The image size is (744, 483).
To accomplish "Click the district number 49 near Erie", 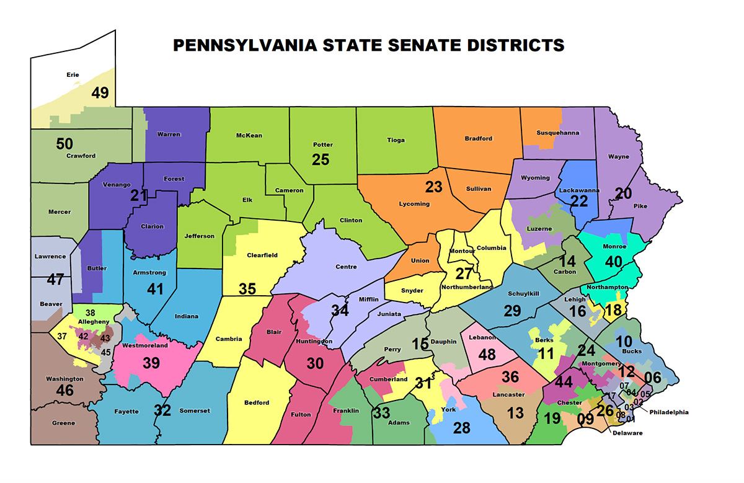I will coord(100,92).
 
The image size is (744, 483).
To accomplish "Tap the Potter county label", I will coord(322,144).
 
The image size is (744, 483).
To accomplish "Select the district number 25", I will coord(321,159).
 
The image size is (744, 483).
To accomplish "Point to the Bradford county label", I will coord(478,138).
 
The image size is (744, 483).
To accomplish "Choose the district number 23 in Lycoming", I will coord(433,186).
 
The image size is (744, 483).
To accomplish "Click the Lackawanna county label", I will coord(579,189).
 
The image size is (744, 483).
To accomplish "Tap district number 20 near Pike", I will coord(623,192).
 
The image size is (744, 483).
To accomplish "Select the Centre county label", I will coord(346,267).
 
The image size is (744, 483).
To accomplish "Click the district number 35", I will coord(247,289).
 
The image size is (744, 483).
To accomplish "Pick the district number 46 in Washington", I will coord(64,391).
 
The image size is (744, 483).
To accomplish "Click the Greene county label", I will coord(63,423).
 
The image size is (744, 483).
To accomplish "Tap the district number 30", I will coord(315,363).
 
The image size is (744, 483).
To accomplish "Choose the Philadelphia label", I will coord(669,412).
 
